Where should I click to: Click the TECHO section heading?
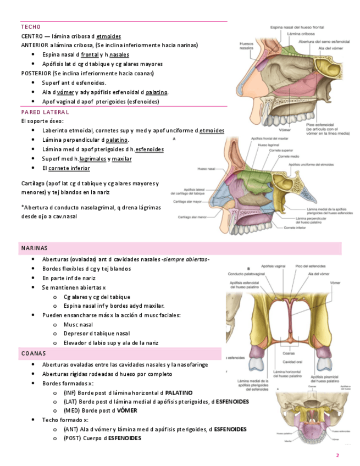coord(31,27)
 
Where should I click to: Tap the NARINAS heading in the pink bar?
coord(35,248)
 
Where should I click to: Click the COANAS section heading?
coord(33,353)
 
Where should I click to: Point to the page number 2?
coord(337,456)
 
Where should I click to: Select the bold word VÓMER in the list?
coord(127,410)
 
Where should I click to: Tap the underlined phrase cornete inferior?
coord(69,168)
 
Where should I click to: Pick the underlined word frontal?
coord(90,55)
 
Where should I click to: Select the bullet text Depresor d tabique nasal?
coord(97,334)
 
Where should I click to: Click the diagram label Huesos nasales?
coord(246,46)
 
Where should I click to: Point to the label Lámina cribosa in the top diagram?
coord(301,34)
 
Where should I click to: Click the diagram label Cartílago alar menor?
coord(191,217)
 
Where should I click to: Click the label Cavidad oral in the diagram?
coord(291,362)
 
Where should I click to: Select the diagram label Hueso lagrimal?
coord(268,146)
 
